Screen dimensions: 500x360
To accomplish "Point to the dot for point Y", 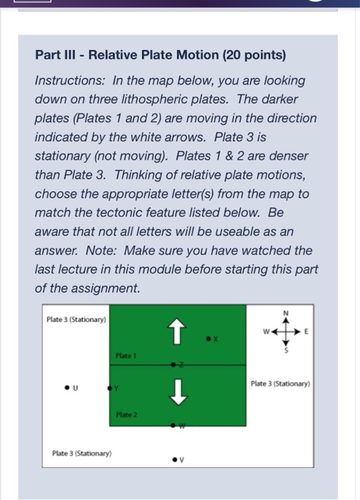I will pyautogui.click(x=109, y=390).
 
